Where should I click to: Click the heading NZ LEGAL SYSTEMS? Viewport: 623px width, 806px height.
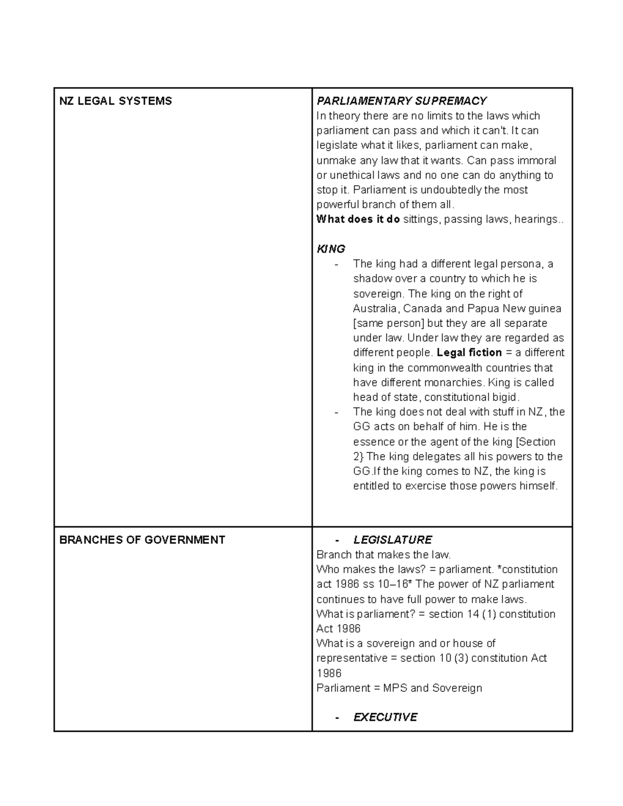coord(115,101)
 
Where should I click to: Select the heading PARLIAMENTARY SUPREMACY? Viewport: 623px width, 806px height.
coord(401,101)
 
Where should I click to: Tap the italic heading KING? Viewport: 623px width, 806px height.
coord(331,249)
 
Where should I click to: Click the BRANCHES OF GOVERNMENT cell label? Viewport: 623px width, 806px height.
coord(142,540)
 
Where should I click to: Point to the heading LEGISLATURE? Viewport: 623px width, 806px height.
coord(392,540)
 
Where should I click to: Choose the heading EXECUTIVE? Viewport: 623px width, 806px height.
coord(385,717)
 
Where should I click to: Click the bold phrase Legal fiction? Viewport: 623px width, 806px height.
coord(469,353)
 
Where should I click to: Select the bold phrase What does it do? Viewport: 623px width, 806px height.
coord(358,220)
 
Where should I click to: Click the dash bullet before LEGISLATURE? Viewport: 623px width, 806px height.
coord(337,540)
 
